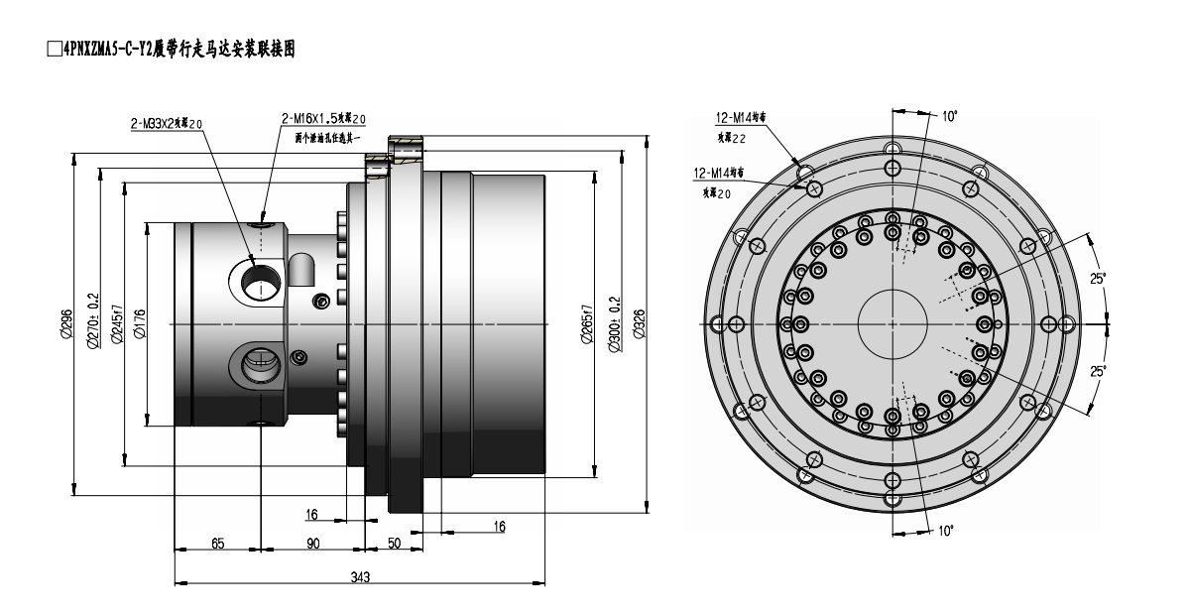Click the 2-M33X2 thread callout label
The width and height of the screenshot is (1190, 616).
pos(167,124)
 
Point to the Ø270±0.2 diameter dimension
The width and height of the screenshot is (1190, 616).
pos(92,319)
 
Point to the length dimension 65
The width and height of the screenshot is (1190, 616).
pos(217,543)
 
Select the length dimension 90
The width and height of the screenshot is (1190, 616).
pos(313,543)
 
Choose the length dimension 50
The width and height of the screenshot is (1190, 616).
pos(394,543)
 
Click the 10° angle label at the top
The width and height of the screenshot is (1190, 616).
pos(949,117)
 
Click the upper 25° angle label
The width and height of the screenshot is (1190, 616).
pos(1098,280)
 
